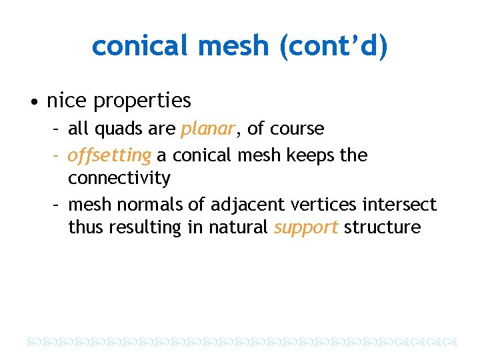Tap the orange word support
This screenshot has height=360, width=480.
(306, 227)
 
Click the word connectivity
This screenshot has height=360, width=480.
(119, 179)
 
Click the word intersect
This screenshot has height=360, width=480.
(398, 204)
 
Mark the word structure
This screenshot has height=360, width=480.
(382, 227)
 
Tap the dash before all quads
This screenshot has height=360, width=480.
(59, 129)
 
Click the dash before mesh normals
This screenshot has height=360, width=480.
(59, 204)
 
